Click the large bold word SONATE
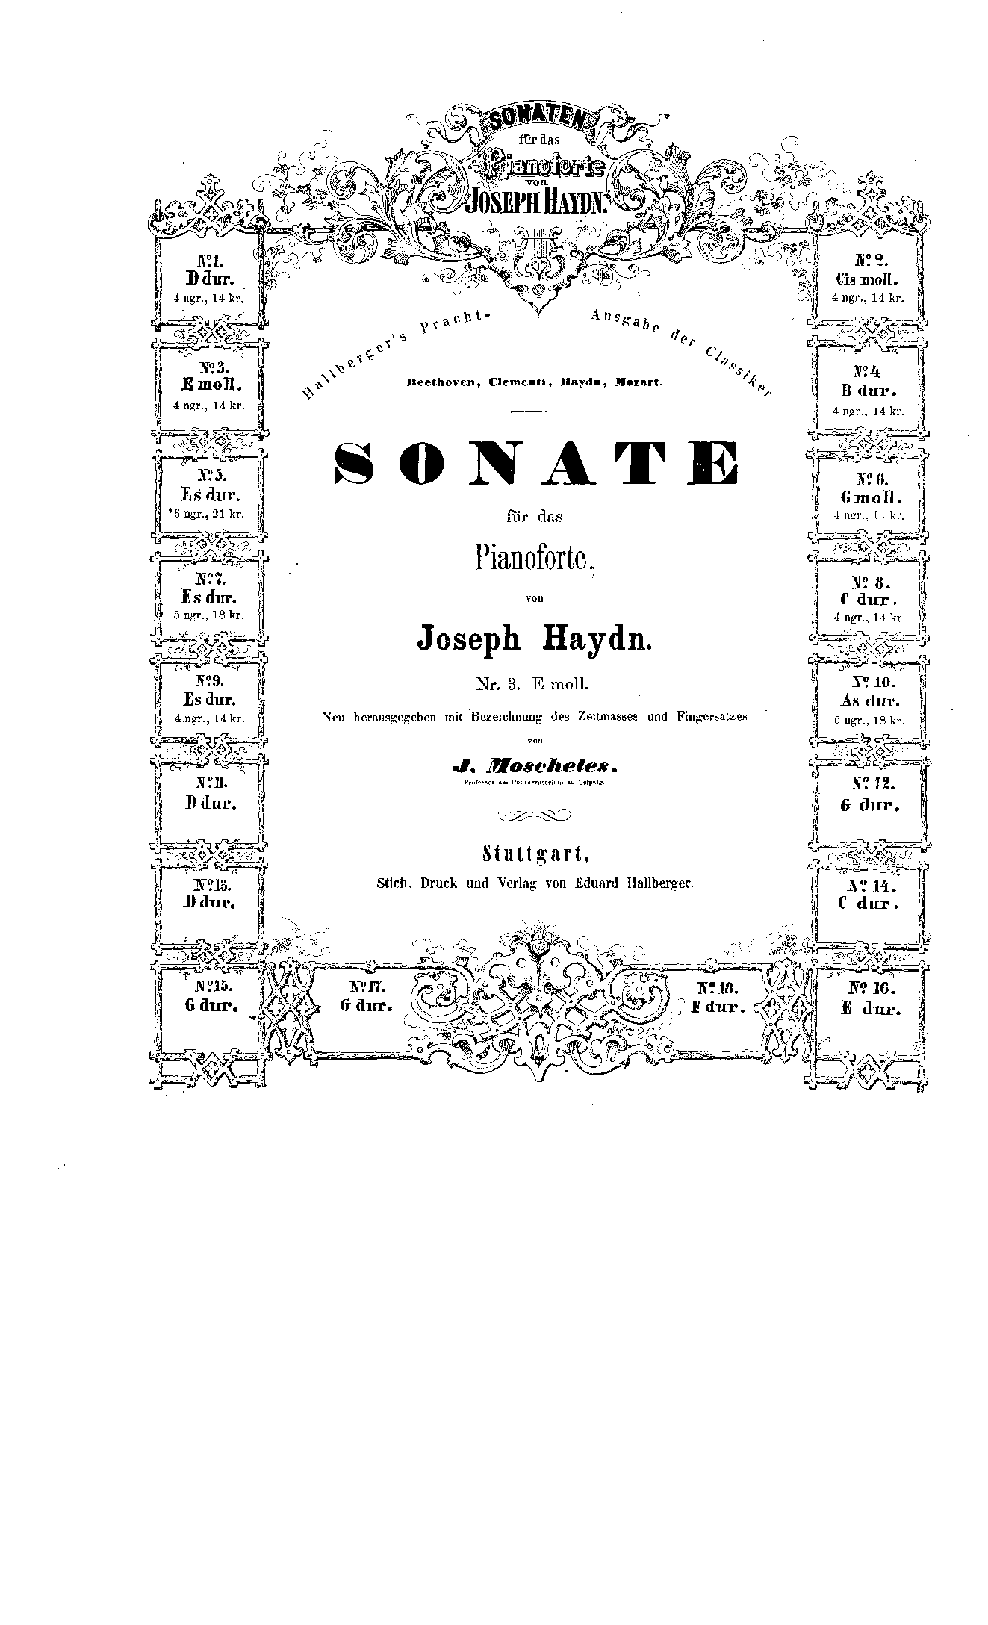[535, 464]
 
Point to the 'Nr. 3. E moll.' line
[534, 682]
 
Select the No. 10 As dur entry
[869, 700]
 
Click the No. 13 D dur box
[210, 893]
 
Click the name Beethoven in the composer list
[441, 382]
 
